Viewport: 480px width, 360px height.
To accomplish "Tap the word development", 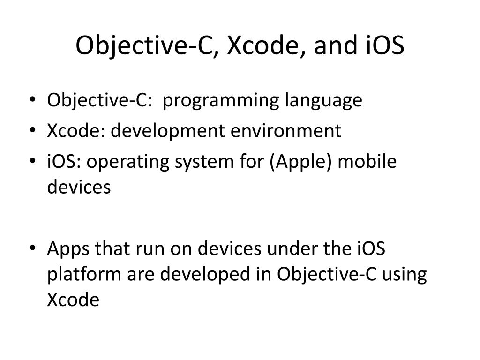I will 171,132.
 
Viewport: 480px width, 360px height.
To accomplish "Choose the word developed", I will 208,275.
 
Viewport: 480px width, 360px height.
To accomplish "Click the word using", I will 404,275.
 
